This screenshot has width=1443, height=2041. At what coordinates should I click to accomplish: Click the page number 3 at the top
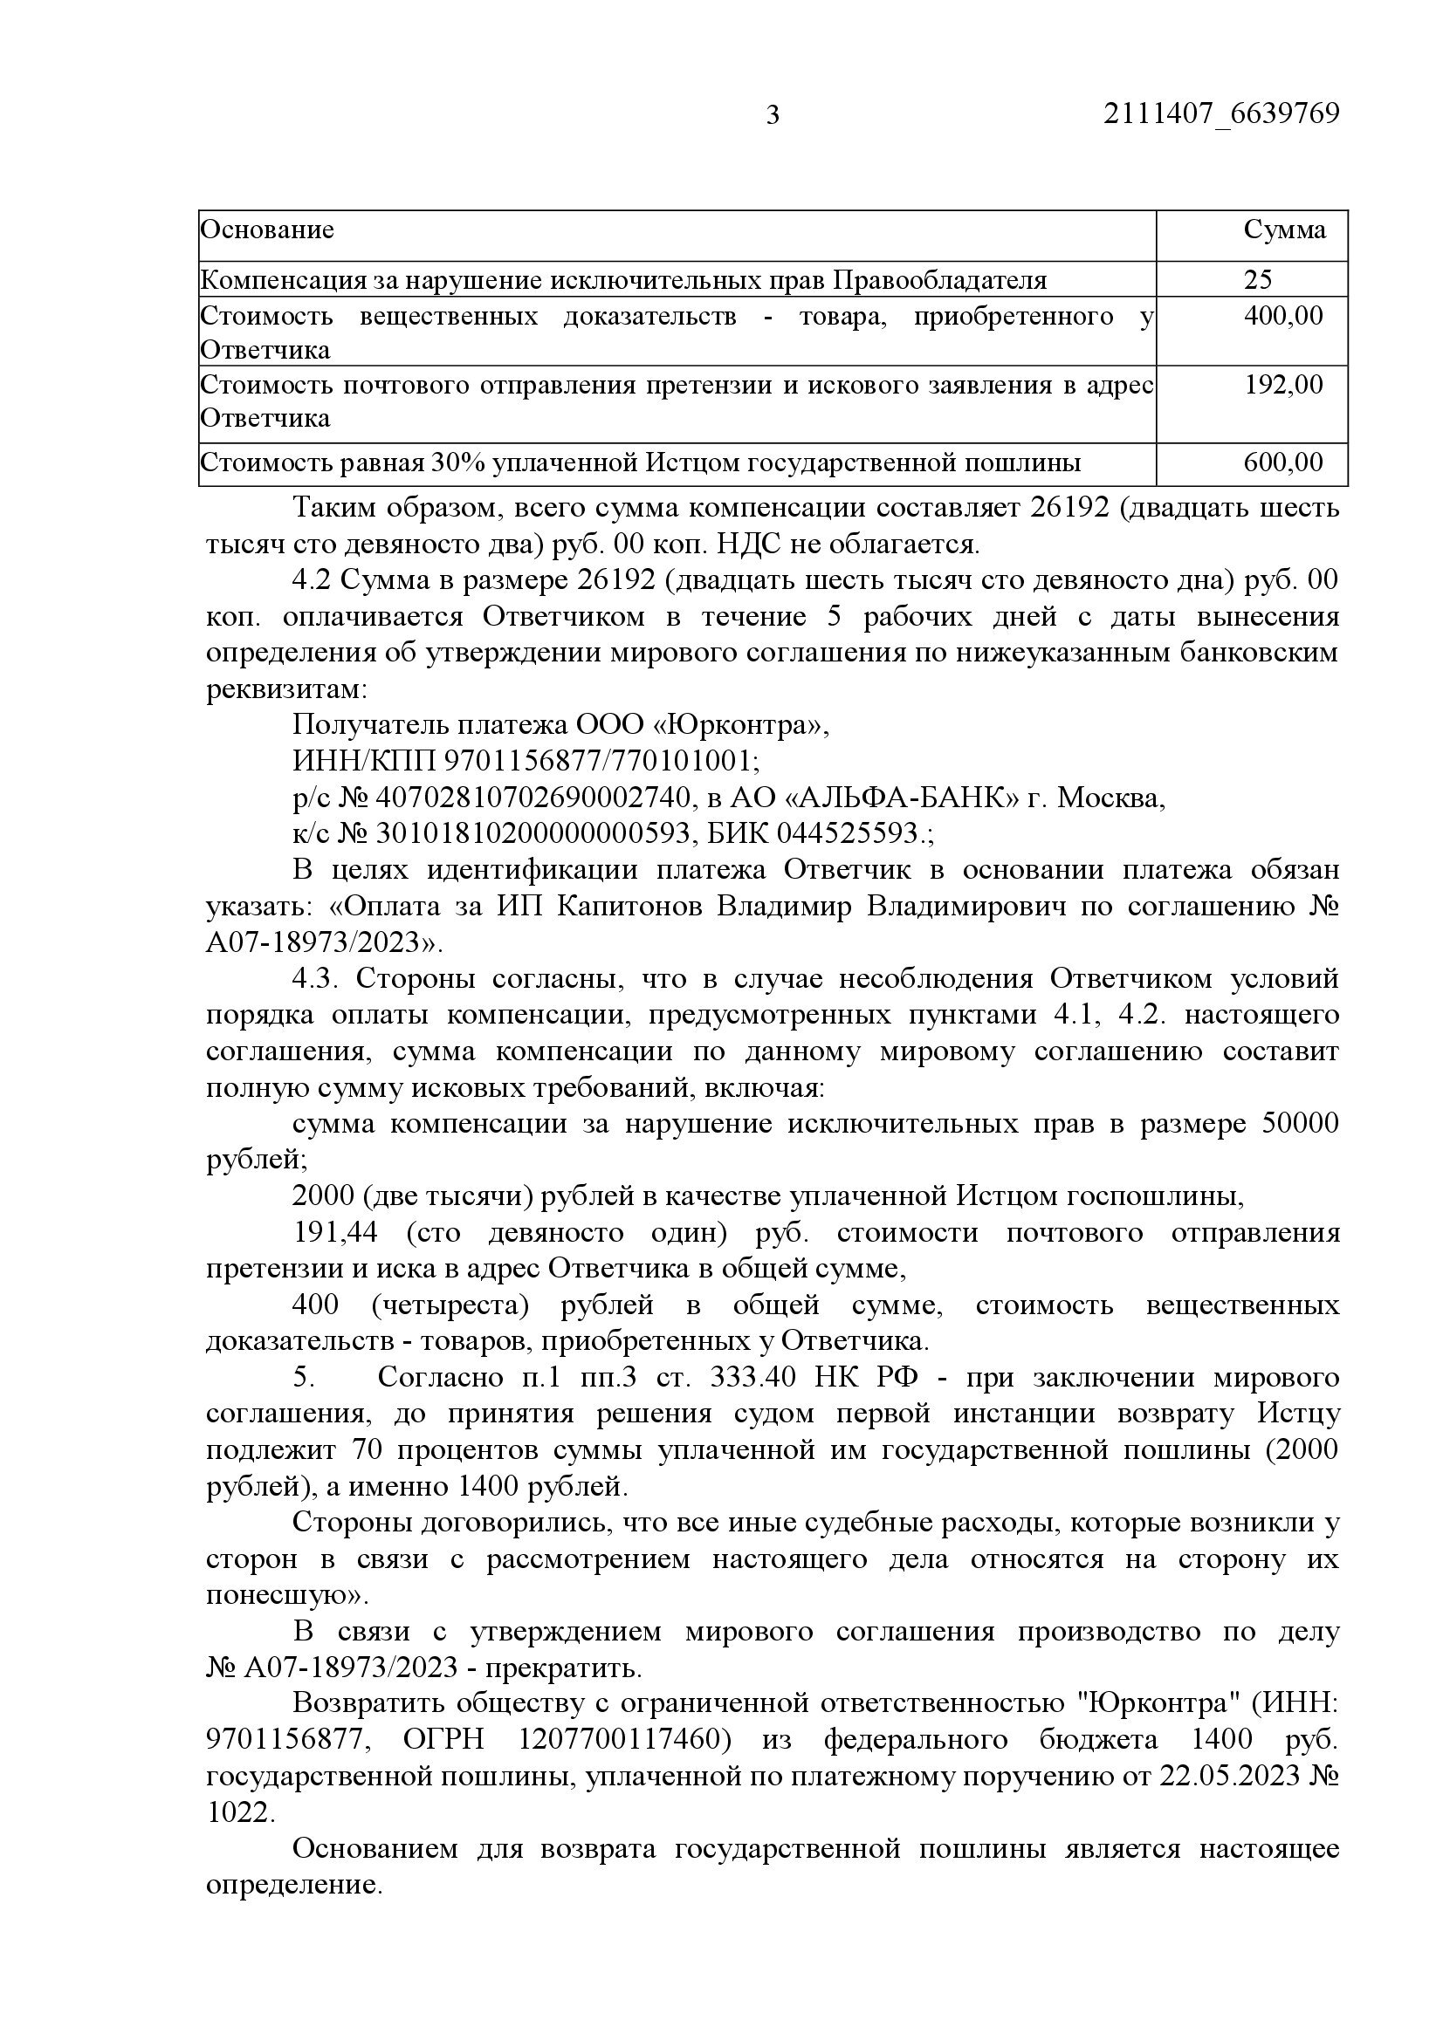pyautogui.click(x=772, y=114)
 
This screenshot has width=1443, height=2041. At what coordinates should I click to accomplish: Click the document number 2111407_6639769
pyautogui.click(x=1220, y=113)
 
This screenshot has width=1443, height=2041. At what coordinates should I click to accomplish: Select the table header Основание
pyautogui.click(x=268, y=229)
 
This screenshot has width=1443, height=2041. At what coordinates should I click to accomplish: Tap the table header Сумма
pyautogui.click(x=1284, y=229)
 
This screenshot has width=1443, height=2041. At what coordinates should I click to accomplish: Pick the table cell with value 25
pyautogui.click(x=1257, y=280)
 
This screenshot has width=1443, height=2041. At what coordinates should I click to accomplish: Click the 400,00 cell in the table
pyautogui.click(x=1283, y=316)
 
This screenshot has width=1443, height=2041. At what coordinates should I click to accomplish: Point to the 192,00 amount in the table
pyautogui.click(x=1283, y=384)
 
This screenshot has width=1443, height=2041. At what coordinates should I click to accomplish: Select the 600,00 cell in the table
pyautogui.click(x=1283, y=462)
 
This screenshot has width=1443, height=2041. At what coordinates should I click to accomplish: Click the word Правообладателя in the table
pyautogui.click(x=940, y=280)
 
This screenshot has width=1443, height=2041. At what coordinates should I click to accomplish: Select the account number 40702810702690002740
pyautogui.click(x=533, y=798)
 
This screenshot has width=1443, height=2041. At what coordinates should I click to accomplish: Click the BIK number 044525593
pyautogui.click(x=847, y=834)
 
